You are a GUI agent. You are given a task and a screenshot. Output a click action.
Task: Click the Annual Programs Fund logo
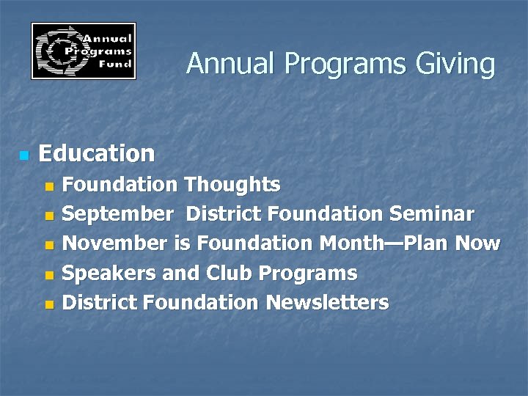pos(83,51)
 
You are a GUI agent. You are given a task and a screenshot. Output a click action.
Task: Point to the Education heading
pos(96,154)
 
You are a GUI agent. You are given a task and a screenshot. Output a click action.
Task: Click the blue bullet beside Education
pos(24,155)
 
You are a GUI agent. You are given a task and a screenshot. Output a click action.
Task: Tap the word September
pos(118,215)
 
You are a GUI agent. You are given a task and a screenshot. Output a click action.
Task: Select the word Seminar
pos(432,214)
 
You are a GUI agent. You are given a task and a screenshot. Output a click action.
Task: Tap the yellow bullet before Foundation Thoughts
pos(49,186)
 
